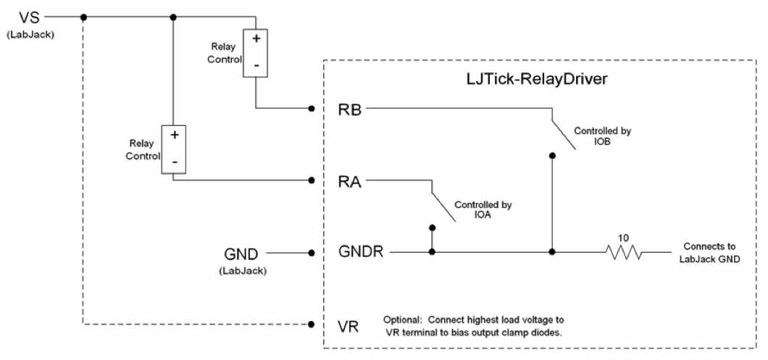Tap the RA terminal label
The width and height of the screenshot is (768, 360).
(x=351, y=180)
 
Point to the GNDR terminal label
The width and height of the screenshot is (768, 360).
(x=365, y=252)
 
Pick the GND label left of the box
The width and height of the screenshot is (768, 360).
(x=243, y=253)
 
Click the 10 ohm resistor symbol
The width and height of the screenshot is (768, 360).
(x=624, y=252)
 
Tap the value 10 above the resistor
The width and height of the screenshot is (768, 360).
(x=623, y=236)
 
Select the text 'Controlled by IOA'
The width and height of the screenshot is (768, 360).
(x=483, y=210)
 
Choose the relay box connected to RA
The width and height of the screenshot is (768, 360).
(x=174, y=150)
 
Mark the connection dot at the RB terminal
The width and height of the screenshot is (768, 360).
(x=311, y=109)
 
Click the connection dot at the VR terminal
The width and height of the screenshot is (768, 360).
(x=311, y=324)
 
